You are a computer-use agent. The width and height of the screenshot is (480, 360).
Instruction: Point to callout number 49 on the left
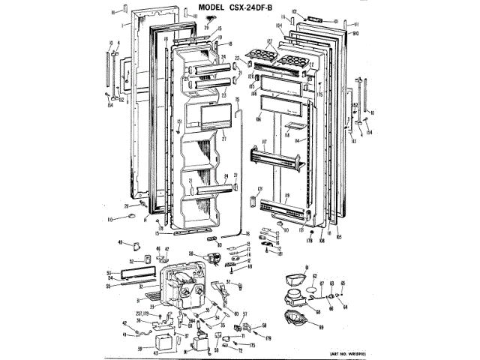[120, 241]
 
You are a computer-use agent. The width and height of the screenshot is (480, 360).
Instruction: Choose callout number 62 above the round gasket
[314, 276]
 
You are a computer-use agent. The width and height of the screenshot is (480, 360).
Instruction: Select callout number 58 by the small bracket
[265, 324]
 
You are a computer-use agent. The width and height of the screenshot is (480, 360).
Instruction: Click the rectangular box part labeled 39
[160, 345]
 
